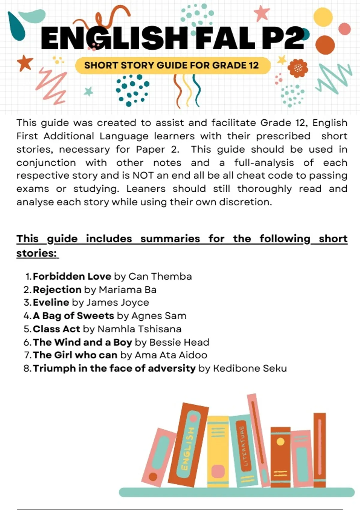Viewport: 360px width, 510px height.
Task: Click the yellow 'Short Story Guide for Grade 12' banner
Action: tap(172, 65)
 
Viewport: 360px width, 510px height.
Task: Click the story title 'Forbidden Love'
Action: tap(72, 276)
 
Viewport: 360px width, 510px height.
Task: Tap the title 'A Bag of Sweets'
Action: tap(73, 316)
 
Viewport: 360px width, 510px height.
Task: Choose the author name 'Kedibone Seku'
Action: tap(250, 368)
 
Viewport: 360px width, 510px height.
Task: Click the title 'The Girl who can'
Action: tap(75, 355)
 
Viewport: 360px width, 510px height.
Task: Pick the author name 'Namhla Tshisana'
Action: tap(139, 329)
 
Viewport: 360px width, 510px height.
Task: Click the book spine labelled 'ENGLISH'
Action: tap(188, 444)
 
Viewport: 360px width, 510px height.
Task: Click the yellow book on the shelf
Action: tap(218, 450)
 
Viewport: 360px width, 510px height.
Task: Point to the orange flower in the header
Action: tap(298, 68)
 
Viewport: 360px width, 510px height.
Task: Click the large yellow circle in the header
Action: tap(323, 17)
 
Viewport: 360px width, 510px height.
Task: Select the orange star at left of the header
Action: tap(25, 63)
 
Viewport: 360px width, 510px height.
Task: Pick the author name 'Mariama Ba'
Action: tap(127, 289)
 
